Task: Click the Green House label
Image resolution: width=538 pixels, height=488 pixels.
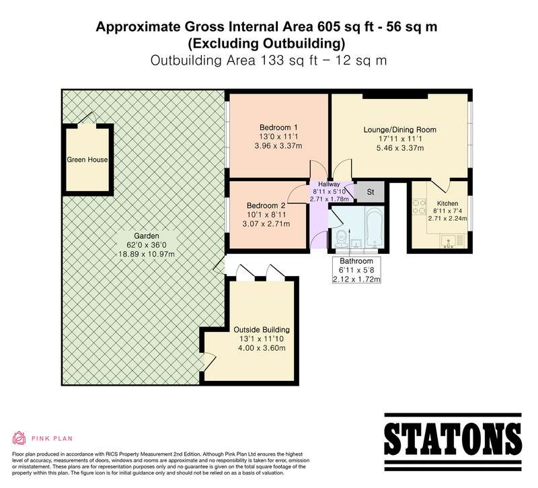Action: point(87,160)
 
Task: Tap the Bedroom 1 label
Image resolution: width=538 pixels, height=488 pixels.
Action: point(278,127)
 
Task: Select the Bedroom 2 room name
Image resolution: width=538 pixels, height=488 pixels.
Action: point(266,206)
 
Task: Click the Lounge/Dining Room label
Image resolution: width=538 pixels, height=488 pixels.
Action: point(399,130)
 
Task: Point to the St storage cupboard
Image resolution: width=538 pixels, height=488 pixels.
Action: point(370,192)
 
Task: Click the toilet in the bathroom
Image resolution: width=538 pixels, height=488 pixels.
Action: point(341,238)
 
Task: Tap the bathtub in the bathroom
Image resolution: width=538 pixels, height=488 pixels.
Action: point(374,226)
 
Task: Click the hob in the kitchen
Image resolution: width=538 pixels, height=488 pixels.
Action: point(418,207)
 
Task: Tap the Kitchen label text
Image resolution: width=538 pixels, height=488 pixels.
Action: point(447,203)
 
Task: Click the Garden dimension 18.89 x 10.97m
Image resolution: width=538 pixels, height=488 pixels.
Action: point(147,254)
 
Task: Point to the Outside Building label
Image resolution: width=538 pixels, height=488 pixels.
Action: point(262,330)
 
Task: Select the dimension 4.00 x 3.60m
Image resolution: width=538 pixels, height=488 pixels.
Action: point(262,348)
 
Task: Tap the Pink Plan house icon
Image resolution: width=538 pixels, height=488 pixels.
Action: point(20,438)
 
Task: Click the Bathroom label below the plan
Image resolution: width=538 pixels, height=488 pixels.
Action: point(356,261)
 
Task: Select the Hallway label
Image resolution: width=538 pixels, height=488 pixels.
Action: point(329,184)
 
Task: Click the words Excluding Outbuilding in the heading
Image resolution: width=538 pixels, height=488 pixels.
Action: point(266,44)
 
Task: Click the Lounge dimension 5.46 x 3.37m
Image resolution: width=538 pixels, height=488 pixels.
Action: point(399,148)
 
